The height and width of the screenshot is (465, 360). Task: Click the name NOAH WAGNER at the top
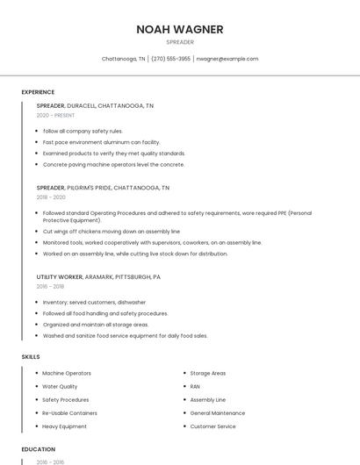(180, 29)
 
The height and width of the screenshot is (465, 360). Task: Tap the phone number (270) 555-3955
(170, 59)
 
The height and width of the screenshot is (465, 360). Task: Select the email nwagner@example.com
(227, 59)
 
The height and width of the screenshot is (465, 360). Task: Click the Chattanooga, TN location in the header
(123, 59)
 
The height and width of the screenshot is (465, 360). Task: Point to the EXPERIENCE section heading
(38, 92)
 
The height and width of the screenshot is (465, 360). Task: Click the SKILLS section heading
(31, 357)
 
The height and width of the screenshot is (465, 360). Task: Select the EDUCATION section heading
(39, 449)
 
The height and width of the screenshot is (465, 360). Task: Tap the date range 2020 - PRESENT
(56, 115)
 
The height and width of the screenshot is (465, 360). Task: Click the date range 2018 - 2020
(51, 197)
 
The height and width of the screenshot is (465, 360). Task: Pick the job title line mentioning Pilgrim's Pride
(103, 188)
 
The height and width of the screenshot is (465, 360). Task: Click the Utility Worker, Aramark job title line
(98, 277)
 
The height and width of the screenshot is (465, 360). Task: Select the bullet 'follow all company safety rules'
(83, 131)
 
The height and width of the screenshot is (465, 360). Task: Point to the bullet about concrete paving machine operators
(113, 164)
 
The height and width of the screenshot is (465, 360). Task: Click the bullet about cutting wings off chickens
(111, 232)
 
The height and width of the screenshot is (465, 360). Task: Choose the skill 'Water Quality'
(60, 386)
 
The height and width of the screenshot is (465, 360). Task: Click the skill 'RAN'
(195, 386)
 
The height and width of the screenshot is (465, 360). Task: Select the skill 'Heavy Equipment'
(64, 426)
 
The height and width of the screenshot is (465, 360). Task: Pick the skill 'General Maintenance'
(218, 413)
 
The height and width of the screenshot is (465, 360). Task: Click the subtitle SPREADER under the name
(180, 42)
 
